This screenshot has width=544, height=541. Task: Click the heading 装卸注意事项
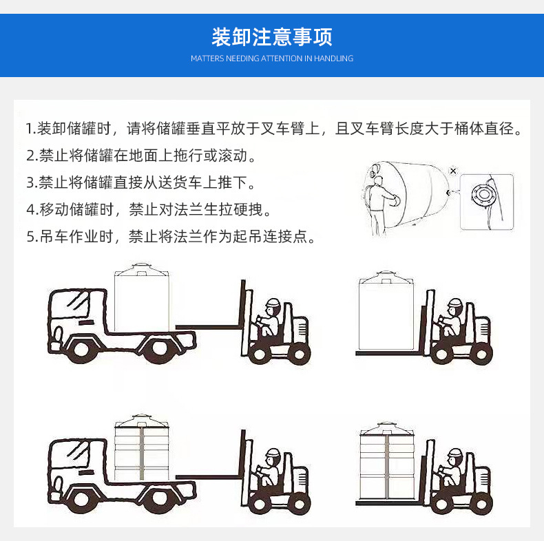(x=271, y=36)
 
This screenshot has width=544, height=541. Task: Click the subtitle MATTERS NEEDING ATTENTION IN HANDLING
(x=271, y=59)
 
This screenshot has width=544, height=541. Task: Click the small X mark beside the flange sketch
(x=452, y=170)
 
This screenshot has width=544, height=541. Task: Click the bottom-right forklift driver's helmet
(x=454, y=454)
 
